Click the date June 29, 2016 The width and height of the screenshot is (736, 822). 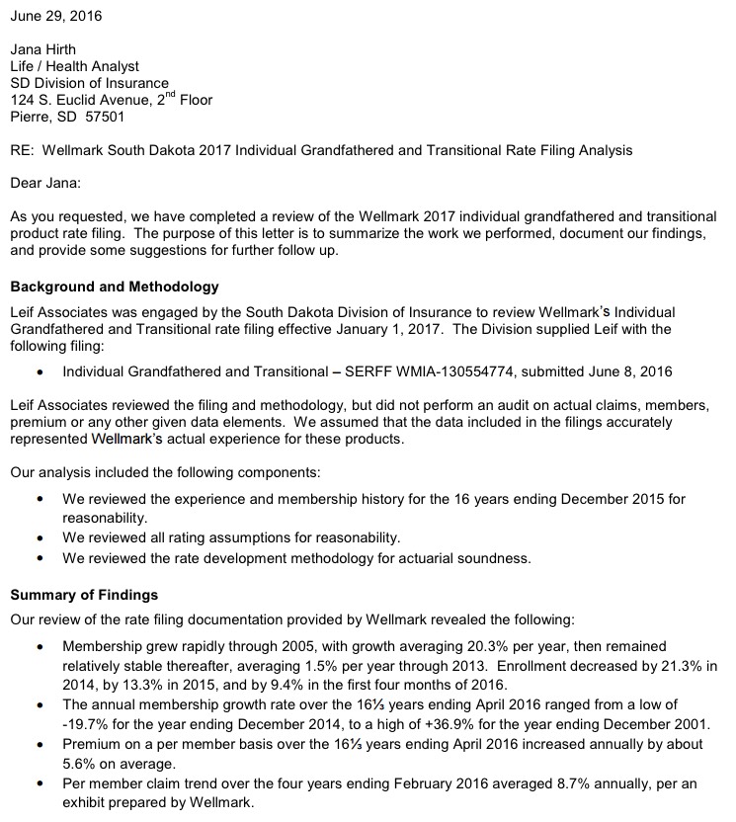55,17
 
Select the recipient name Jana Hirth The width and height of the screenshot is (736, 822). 44,49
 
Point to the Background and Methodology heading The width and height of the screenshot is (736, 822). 114,288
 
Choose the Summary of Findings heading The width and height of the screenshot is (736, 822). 83,596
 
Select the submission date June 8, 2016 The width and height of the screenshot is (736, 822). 630,371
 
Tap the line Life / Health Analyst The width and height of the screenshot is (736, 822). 74,66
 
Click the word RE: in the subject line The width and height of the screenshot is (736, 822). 22,150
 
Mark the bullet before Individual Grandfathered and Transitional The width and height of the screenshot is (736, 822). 39,372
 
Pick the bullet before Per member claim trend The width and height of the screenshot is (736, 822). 39,783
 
